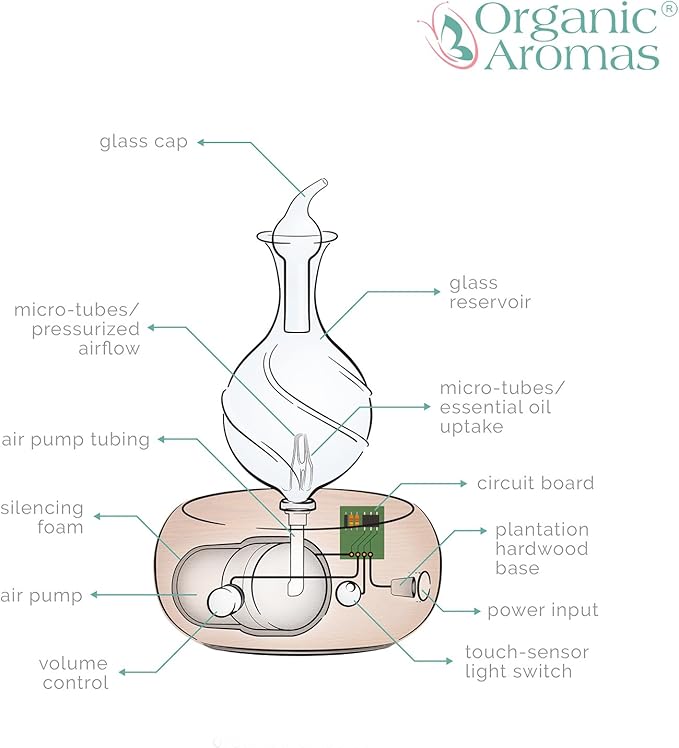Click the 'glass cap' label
tap(143, 141)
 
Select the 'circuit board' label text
tap(535, 483)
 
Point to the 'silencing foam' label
tap(42, 517)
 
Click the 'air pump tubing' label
tap(75, 439)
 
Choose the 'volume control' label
tap(74, 673)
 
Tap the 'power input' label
tap(542, 610)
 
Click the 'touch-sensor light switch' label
tap(526, 661)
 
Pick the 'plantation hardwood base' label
tap(541, 549)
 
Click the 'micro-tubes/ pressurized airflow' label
tap(76, 329)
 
